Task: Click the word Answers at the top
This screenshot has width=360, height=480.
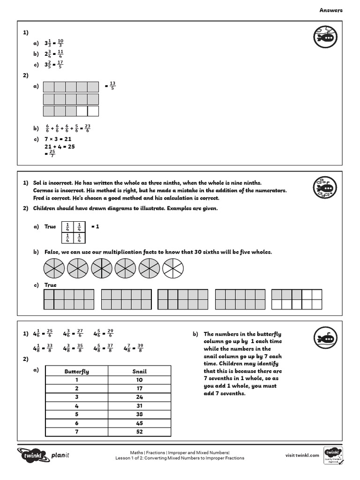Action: point(331,10)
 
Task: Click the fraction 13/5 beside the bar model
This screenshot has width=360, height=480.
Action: point(112,86)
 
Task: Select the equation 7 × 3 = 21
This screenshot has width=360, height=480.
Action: point(58,139)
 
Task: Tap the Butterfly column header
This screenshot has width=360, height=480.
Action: point(76,371)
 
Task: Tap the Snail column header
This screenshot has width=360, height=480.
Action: point(139,371)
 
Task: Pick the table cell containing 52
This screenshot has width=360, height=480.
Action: point(139,432)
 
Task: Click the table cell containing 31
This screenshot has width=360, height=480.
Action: point(139,406)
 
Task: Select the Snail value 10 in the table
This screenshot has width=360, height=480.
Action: point(139,380)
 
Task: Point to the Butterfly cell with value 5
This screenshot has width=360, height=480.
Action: point(76,414)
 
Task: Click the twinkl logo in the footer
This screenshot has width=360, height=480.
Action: point(30,454)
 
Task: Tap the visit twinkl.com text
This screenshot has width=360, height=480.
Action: point(302,455)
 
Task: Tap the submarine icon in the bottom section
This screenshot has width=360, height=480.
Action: point(324,338)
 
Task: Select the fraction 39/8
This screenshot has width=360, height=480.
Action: point(140,348)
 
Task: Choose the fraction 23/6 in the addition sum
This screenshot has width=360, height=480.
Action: point(88,128)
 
